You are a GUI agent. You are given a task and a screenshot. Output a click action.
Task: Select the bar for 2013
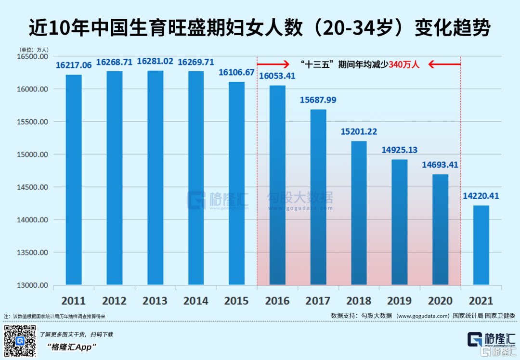(156, 178)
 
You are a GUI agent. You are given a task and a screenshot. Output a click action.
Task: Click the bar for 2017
(318, 197)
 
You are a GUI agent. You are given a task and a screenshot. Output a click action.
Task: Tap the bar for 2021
(481, 245)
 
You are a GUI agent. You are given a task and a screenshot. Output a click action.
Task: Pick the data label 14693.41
(441, 165)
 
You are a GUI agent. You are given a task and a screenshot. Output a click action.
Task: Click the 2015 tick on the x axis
(236, 301)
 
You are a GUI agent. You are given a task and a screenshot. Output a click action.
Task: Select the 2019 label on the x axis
(399, 301)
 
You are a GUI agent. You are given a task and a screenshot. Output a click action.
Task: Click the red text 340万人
(404, 64)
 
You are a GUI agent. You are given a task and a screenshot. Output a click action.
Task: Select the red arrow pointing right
(273, 64)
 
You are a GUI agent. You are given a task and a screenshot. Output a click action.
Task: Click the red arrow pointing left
(445, 64)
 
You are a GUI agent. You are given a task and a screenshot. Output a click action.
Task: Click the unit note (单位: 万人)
(34, 50)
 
